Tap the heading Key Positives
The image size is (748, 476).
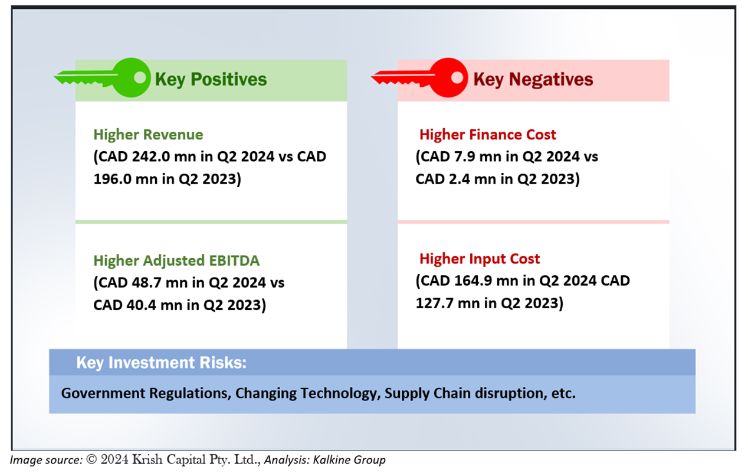[x=211, y=80]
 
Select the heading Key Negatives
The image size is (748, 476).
[x=533, y=80]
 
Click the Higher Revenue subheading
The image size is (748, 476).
[x=148, y=135]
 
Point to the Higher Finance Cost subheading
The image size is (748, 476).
[x=488, y=135]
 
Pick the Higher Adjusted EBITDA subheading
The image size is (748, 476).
[x=176, y=260]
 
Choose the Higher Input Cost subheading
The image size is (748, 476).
[x=480, y=259]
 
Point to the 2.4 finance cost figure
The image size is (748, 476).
[x=459, y=179]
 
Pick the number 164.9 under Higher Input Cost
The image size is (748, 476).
[x=473, y=281]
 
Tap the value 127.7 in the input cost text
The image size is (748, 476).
[x=434, y=303]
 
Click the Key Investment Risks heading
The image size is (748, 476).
[x=161, y=363]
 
